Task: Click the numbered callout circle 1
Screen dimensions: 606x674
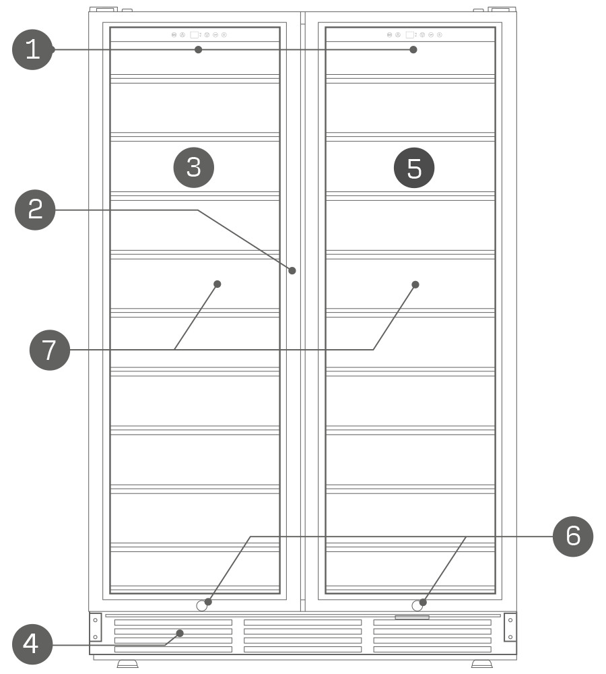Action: point(32,49)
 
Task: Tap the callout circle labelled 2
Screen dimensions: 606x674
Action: point(35,210)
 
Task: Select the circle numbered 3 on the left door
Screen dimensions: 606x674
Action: point(194,168)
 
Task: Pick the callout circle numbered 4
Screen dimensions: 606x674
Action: point(32,644)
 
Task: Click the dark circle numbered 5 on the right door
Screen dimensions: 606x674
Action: point(414,168)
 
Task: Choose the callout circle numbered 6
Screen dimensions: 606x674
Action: point(573,537)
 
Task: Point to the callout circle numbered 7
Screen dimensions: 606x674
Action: point(50,350)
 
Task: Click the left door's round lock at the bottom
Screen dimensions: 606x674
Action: point(201,606)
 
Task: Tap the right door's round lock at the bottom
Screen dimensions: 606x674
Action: point(417,606)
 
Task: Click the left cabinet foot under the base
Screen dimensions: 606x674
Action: point(127,664)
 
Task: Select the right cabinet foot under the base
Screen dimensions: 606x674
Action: point(482,664)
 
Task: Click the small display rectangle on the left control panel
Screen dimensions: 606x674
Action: point(194,35)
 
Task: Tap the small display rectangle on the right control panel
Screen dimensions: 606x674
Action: point(410,35)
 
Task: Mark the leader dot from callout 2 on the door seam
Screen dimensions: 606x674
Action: point(292,270)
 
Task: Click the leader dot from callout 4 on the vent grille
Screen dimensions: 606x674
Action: point(180,633)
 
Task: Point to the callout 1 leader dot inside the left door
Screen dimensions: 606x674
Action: point(198,49)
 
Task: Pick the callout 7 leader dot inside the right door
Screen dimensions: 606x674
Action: point(415,284)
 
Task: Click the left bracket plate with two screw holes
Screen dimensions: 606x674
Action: point(96,627)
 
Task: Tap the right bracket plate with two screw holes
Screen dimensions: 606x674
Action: point(510,627)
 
